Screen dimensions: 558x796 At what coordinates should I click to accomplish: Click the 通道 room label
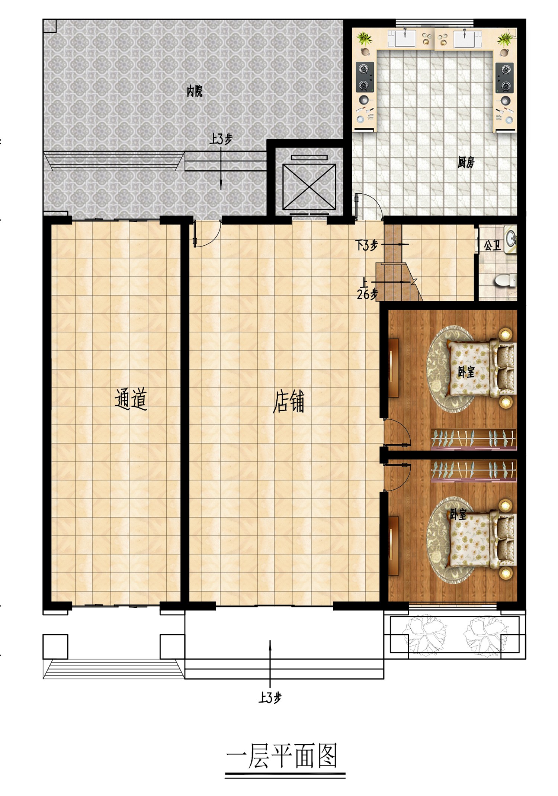(x=131, y=399)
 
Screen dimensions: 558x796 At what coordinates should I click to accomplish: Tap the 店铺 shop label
(x=289, y=402)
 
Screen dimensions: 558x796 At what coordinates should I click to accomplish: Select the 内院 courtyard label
(x=195, y=91)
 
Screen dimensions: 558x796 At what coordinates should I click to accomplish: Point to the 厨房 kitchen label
(x=466, y=162)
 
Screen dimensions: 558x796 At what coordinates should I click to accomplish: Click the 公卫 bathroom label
(x=493, y=245)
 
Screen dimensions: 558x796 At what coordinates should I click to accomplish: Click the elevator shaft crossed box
(x=309, y=187)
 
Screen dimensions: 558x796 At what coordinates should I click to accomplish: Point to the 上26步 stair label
(x=367, y=289)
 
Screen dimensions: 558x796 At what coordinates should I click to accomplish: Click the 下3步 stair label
(x=366, y=245)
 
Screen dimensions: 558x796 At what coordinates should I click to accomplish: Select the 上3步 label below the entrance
(x=270, y=698)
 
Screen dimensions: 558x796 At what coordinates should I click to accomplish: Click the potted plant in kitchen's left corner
(x=364, y=38)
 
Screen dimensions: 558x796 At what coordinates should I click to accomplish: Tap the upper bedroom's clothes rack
(x=474, y=438)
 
